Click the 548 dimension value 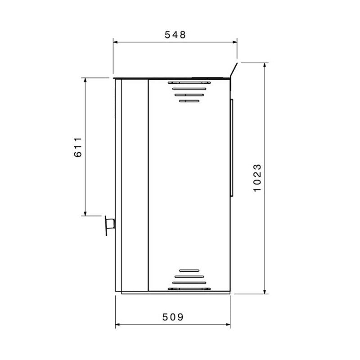175,35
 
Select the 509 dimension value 173,317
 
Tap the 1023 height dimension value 257,178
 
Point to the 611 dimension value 78,147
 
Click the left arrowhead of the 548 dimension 115,42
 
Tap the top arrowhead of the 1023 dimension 265,65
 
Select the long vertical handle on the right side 232,147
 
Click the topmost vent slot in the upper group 189,83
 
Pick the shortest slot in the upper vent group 189,101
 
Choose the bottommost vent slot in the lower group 189,288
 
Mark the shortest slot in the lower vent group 189,270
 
